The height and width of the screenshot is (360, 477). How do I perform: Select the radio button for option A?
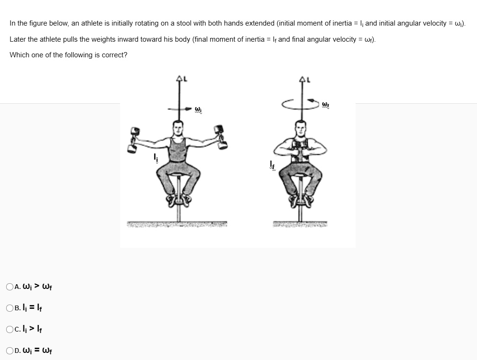[10, 287]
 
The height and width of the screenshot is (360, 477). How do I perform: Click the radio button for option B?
[10, 308]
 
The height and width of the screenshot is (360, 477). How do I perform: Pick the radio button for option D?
[10, 351]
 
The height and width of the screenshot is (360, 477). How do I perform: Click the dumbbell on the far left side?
[134, 139]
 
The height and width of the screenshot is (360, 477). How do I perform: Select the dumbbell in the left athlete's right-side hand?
[220, 136]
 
